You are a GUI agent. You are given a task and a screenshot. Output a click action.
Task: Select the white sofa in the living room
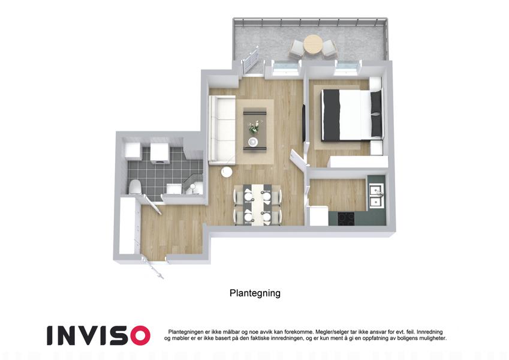(x=222, y=130)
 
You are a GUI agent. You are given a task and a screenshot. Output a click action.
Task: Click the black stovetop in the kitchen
(x=346, y=218)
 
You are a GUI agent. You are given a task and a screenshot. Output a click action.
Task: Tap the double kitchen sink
(x=377, y=196)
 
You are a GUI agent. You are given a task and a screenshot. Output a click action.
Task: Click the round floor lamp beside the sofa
(x=227, y=172)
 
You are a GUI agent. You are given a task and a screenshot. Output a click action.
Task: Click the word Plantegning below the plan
(x=255, y=293)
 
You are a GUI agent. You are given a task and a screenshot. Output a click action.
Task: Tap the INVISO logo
(x=98, y=335)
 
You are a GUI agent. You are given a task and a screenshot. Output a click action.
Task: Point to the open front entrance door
(x=153, y=268)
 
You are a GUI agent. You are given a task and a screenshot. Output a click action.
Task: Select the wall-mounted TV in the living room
(x=304, y=122)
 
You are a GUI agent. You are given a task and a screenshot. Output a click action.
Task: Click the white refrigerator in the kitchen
(x=319, y=216)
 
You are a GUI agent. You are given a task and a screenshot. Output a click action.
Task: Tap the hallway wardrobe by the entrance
(x=127, y=226)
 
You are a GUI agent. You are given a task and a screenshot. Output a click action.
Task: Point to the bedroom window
(x=347, y=67)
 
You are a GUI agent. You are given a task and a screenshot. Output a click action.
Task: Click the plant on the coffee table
(x=255, y=127)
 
